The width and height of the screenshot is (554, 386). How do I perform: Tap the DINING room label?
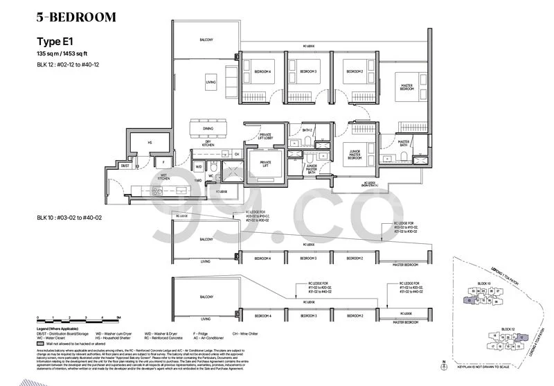(x=208, y=129)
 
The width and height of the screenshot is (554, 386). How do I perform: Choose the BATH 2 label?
(x=308, y=130)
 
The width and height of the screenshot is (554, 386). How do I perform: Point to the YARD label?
(x=198, y=179)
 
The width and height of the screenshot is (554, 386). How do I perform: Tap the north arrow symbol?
(x=443, y=365)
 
